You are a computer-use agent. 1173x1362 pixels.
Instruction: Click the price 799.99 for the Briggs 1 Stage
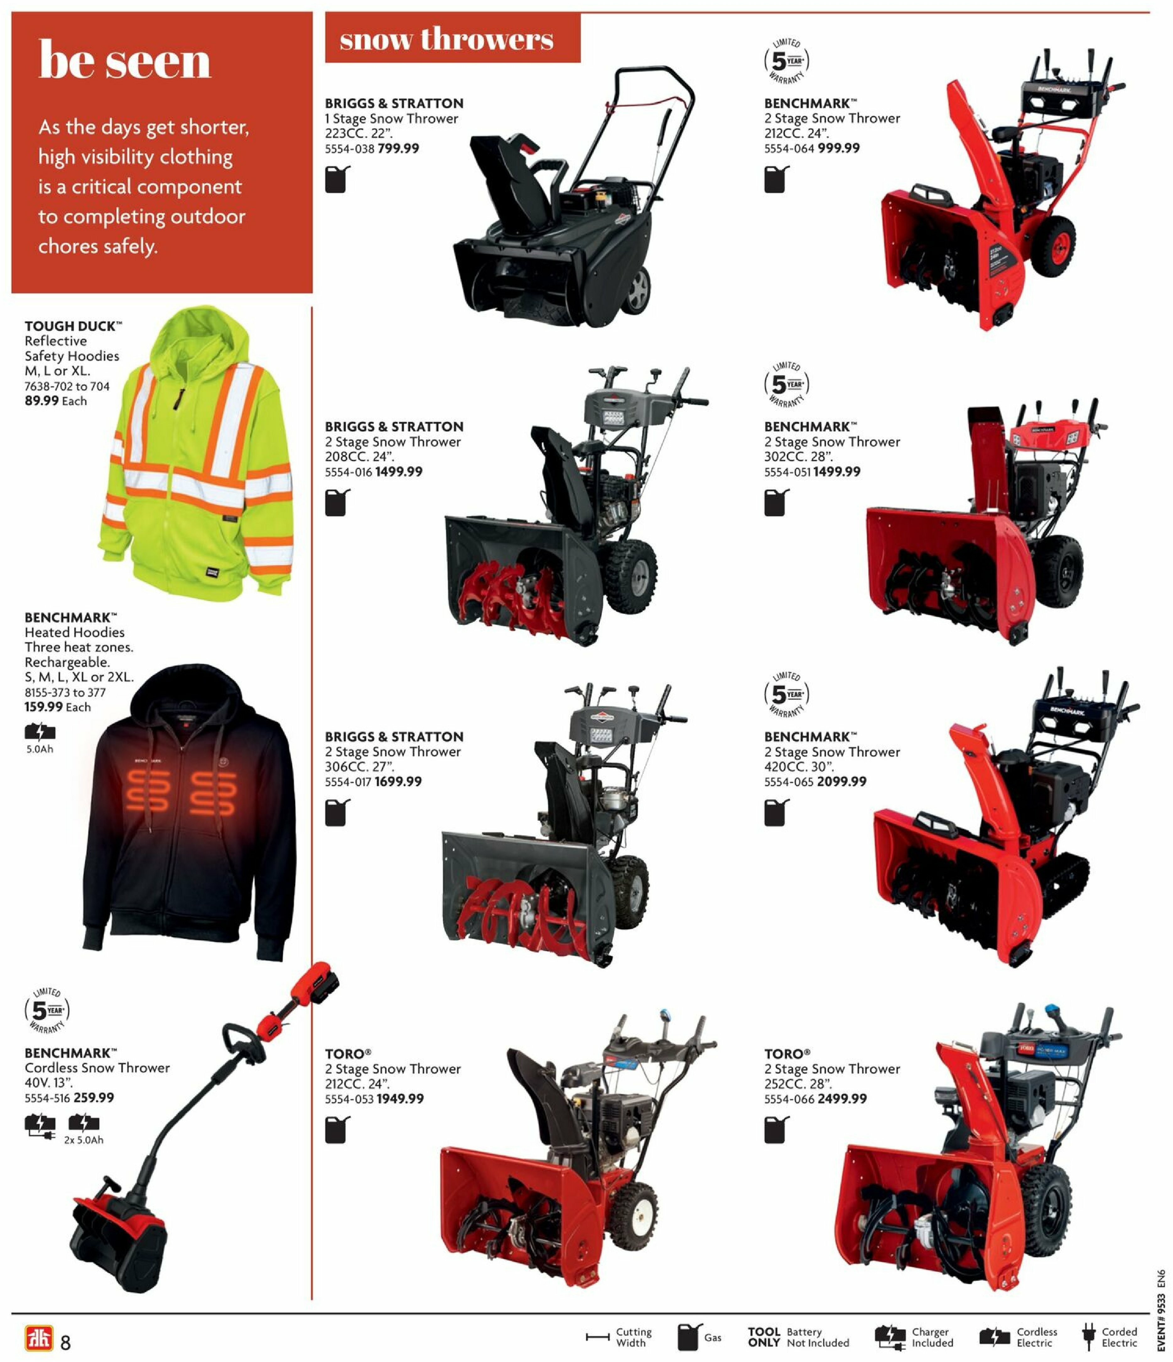pos(398,149)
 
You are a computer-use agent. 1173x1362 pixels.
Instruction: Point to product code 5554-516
pos(47,1098)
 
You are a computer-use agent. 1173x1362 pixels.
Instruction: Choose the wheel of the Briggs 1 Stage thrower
pos(636,290)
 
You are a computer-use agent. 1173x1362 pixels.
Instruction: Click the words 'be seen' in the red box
pos(125,61)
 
